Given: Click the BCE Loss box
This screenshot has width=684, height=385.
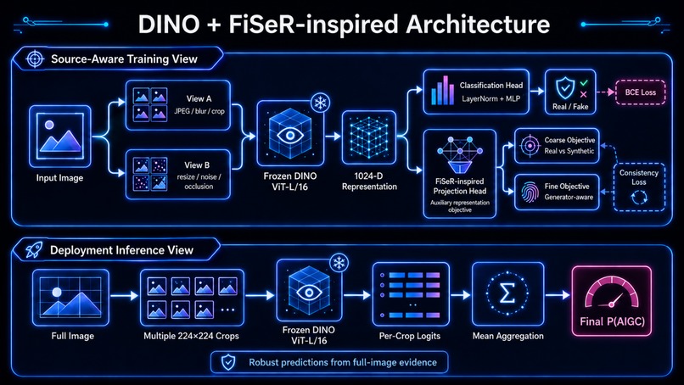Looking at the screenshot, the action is (x=641, y=92).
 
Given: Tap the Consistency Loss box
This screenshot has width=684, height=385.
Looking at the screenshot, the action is (x=639, y=187).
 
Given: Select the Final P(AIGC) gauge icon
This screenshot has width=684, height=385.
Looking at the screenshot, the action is (x=612, y=294).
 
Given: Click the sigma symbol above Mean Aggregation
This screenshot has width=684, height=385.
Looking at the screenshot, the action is (x=507, y=293).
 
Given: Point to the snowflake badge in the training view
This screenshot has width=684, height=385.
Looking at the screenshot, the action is (x=321, y=103).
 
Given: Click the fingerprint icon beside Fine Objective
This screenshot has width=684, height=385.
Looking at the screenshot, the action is (x=530, y=192).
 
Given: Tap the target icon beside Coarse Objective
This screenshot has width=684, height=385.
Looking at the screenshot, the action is (x=530, y=146).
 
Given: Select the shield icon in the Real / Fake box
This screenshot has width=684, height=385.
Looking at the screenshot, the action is (x=565, y=88).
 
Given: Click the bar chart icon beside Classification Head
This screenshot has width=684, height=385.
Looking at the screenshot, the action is (x=442, y=91).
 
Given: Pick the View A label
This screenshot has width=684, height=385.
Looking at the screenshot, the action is (x=199, y=98).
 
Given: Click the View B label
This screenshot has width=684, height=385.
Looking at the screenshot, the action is (x=197, y=165).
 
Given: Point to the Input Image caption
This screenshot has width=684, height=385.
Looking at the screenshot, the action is (x=59, y=178).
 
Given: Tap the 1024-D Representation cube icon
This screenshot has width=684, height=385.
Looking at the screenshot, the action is (x=368, y=137).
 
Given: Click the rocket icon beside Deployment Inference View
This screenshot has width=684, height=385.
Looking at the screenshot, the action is (x=34, y=250).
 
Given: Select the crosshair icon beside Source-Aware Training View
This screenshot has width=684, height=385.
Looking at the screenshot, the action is (x=35, y=59).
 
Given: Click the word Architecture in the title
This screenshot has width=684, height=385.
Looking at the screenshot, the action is (x=478, y=24).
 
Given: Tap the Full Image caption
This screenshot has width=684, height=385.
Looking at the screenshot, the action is (x=72, y=336).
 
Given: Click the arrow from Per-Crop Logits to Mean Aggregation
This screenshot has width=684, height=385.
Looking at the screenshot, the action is (x=461, y=295).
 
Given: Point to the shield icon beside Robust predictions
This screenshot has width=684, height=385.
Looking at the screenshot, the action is (x=228, y=362).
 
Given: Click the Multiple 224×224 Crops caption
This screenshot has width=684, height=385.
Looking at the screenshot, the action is (x=191, y=336).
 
